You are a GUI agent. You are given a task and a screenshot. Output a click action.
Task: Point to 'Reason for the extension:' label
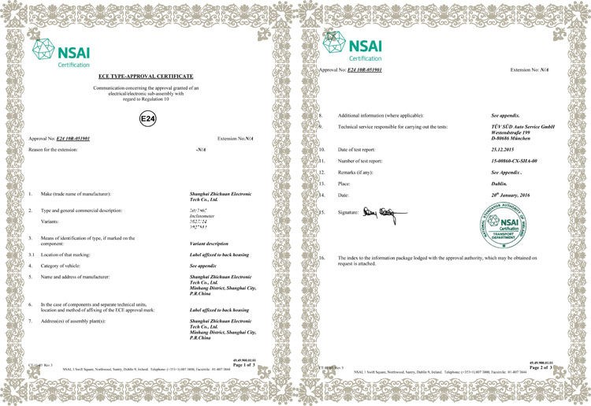(x=60, y=148)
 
